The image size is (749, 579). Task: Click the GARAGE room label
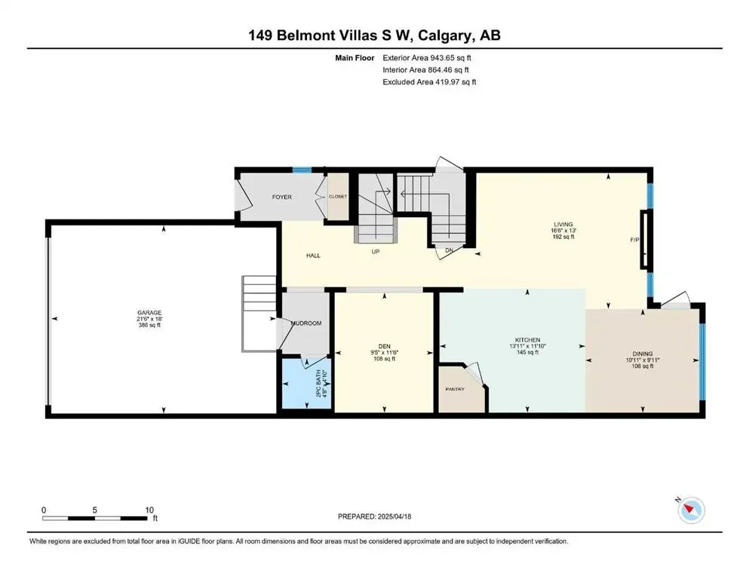[x=149, y=312]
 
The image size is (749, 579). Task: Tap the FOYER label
[x=282, y=198]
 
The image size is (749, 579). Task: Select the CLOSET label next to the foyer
[x=337, y=196]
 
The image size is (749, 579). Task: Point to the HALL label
[x=313, y=256]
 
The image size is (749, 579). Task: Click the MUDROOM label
[x=307, y=323]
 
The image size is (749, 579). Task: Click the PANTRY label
[x=454, y=389]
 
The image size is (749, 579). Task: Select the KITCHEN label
[x=527, y=340]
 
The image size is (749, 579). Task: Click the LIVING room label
[x=563, y=225]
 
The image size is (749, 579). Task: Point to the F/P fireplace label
[x=635, y=240]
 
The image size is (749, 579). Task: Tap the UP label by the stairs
[x=375, y=252]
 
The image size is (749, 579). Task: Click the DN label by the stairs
[x=449, y=251]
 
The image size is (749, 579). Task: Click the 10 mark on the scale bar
[x=149, y=509]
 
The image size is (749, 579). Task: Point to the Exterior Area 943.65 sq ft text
[x=429, y=57]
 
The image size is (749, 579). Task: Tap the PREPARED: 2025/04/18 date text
[x=374, y=516]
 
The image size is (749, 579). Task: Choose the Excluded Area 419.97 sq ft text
[x=429, y=81]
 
